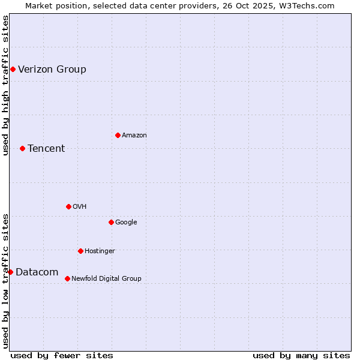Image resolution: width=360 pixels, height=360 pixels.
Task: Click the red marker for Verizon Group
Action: pyautogui.click(x=13, y=70)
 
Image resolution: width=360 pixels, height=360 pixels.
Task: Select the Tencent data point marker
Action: pyautogui.click(x=22, y=148)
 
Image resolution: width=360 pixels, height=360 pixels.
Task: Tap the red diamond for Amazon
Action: pyautogui.click(x=118, y=135)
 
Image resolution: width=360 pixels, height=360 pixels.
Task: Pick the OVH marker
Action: pyautogui.click(x=68, y=206)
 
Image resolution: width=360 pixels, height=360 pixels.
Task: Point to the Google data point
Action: pyautogui.click(x=111, y=222)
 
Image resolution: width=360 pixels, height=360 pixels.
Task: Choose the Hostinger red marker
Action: pyautogui.click(x=80, y=251)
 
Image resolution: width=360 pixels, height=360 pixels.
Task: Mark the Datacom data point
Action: pyautogui.click(x=10, y=272)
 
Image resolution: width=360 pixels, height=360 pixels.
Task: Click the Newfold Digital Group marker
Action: pyautogui.click(x=67, y=278)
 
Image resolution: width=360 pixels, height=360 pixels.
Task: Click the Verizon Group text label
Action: pyautogui.click(x=52, y=70)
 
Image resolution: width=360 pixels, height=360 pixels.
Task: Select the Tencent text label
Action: pyautogui.click(x=46, y=149)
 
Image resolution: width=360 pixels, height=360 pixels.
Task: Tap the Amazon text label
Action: pyautogui.click(x=134, y=136)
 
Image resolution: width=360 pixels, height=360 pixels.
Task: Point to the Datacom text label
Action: pyautogui.click(x=37, y=272)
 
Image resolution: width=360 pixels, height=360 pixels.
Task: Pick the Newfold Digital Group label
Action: pyautogui.click(x=106, y=278)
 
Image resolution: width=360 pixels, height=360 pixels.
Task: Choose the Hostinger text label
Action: pyautogui.click(x=100, y=251)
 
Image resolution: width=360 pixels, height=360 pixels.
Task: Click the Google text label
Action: pyautogui.click(x=126, y=223)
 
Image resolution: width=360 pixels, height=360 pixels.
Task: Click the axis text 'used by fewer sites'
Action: pyautogui.click(x=62, y=355)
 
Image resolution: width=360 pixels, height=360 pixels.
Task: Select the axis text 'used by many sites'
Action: pyautogui.click(x=301, y=355)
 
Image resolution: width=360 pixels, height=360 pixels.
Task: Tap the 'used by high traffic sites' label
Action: pyautogui.click(x=5, y=85)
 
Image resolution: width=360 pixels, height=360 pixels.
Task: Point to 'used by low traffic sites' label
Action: pyautogui.click(x=5, y=281)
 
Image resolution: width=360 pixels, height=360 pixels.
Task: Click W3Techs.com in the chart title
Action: pyautogui.click(x=305, y=5)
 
